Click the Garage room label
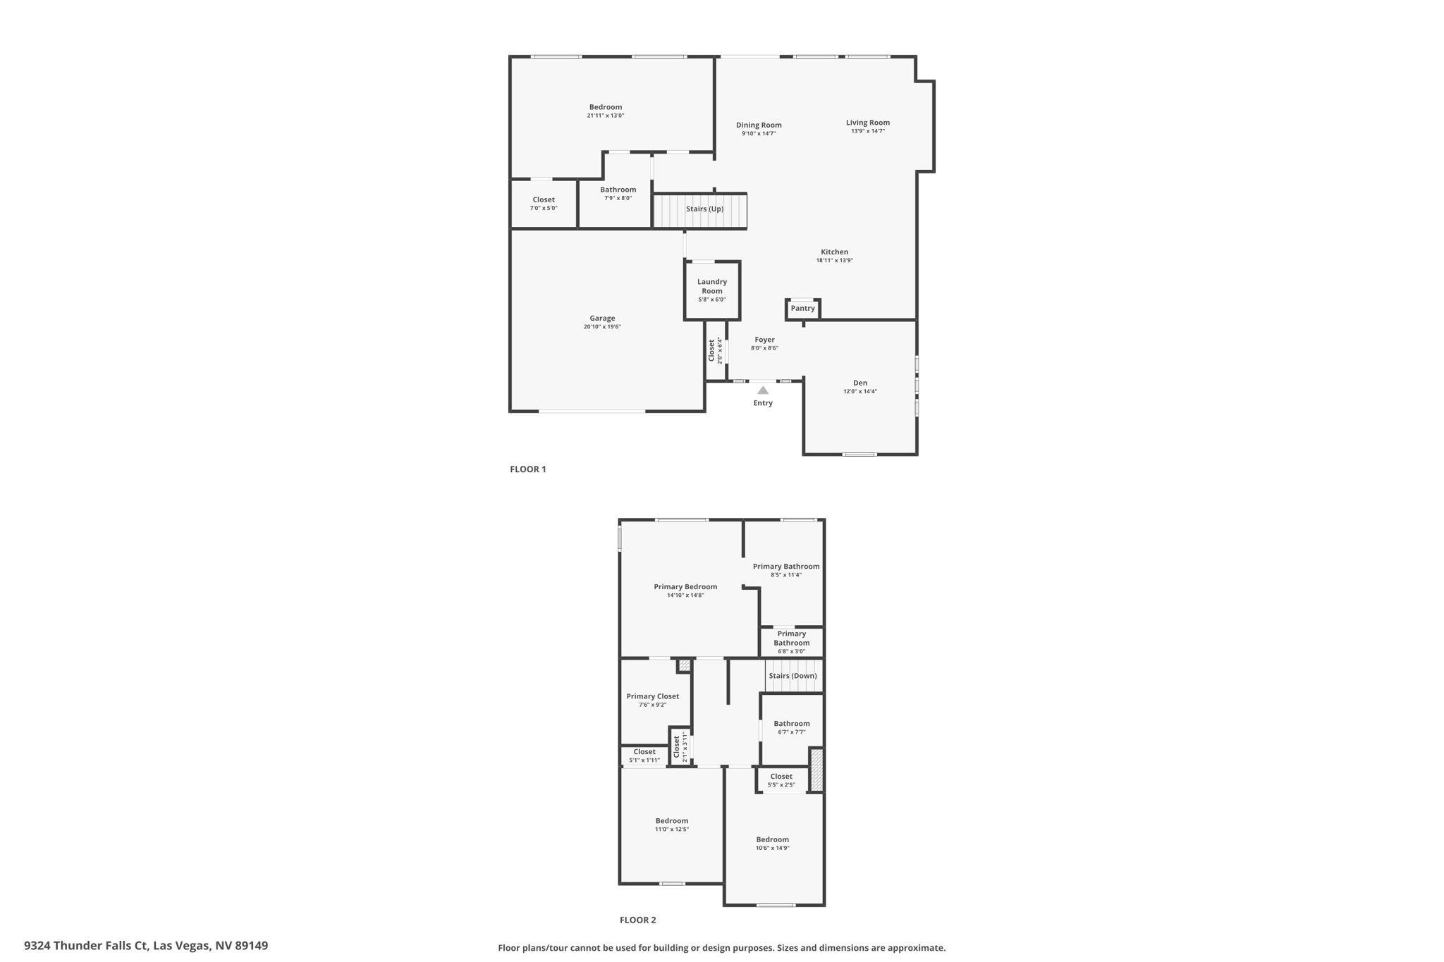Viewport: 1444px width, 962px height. pos(602,319)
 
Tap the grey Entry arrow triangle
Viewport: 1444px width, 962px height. pos(763,390)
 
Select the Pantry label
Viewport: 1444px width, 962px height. pos(802,309)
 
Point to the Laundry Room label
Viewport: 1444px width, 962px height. pos(712,286)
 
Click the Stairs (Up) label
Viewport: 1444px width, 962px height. pos(704,209)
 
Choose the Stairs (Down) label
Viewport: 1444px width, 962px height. pos(793,676)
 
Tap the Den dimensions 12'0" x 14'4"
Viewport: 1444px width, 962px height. pos(860,392)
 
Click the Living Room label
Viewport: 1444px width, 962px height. pos(868,123)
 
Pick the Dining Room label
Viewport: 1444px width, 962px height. pos(759,125)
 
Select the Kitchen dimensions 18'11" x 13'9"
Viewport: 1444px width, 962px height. pos(835,261)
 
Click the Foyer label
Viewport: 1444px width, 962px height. pos(764,340)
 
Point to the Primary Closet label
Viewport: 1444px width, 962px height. pos(653,696)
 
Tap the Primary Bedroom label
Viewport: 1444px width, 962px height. pos(685,587)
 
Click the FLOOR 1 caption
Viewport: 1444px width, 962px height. pos(528,469)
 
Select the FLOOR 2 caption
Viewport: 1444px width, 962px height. pos(637,920)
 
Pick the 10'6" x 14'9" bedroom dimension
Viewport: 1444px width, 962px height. pos(773,849)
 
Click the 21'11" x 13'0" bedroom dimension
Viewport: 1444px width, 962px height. pos(606,116)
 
